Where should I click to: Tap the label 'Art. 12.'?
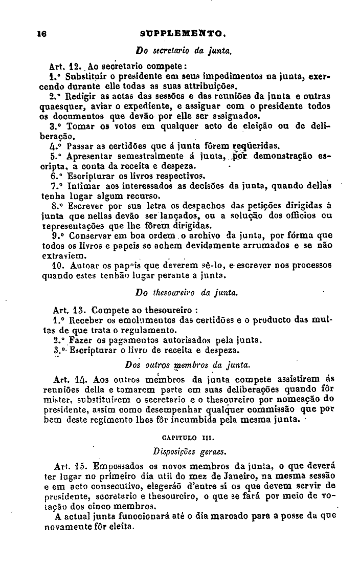click(x=65, y=66)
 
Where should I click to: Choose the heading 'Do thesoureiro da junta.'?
click(x=185, y=293)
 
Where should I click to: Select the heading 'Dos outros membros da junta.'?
click(x=188, y=365)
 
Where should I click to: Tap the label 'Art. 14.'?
click(x=67, y=380)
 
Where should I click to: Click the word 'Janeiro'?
click(x=230, y=476)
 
